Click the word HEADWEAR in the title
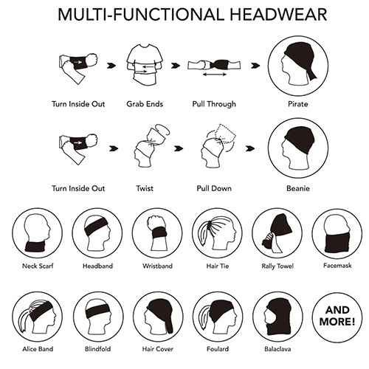278,15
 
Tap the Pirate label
298,104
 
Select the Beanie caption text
298,188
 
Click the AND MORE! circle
337,317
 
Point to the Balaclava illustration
277,317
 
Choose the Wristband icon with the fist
157,232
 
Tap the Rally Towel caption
277,266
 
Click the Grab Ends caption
145,104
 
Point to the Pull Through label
214,104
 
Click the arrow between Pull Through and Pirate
255,66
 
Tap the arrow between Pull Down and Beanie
250,148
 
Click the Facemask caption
337,266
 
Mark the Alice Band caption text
38,349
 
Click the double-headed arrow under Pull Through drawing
215,75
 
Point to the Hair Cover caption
158,349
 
